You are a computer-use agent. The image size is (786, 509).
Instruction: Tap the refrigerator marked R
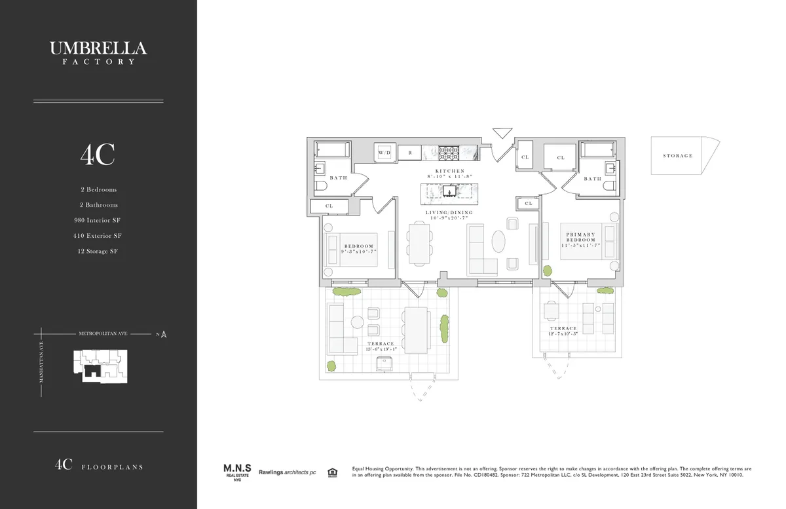click(410, 152)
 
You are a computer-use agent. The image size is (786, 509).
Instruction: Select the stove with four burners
click(448, 152)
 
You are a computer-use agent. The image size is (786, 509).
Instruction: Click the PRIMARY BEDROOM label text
click(581, 237)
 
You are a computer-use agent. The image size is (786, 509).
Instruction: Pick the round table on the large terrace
click(357, 322)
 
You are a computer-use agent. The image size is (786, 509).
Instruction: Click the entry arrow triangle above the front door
click(502, 133)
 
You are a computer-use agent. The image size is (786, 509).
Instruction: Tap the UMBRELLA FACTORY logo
click(98, 52)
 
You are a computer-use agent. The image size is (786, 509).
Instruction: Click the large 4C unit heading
click(98, 155)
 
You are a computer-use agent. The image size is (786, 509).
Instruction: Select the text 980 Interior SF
click(98, 220)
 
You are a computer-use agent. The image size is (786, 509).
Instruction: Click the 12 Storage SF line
click(98, 251)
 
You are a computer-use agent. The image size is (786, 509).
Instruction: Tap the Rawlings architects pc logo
click(286, 472)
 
